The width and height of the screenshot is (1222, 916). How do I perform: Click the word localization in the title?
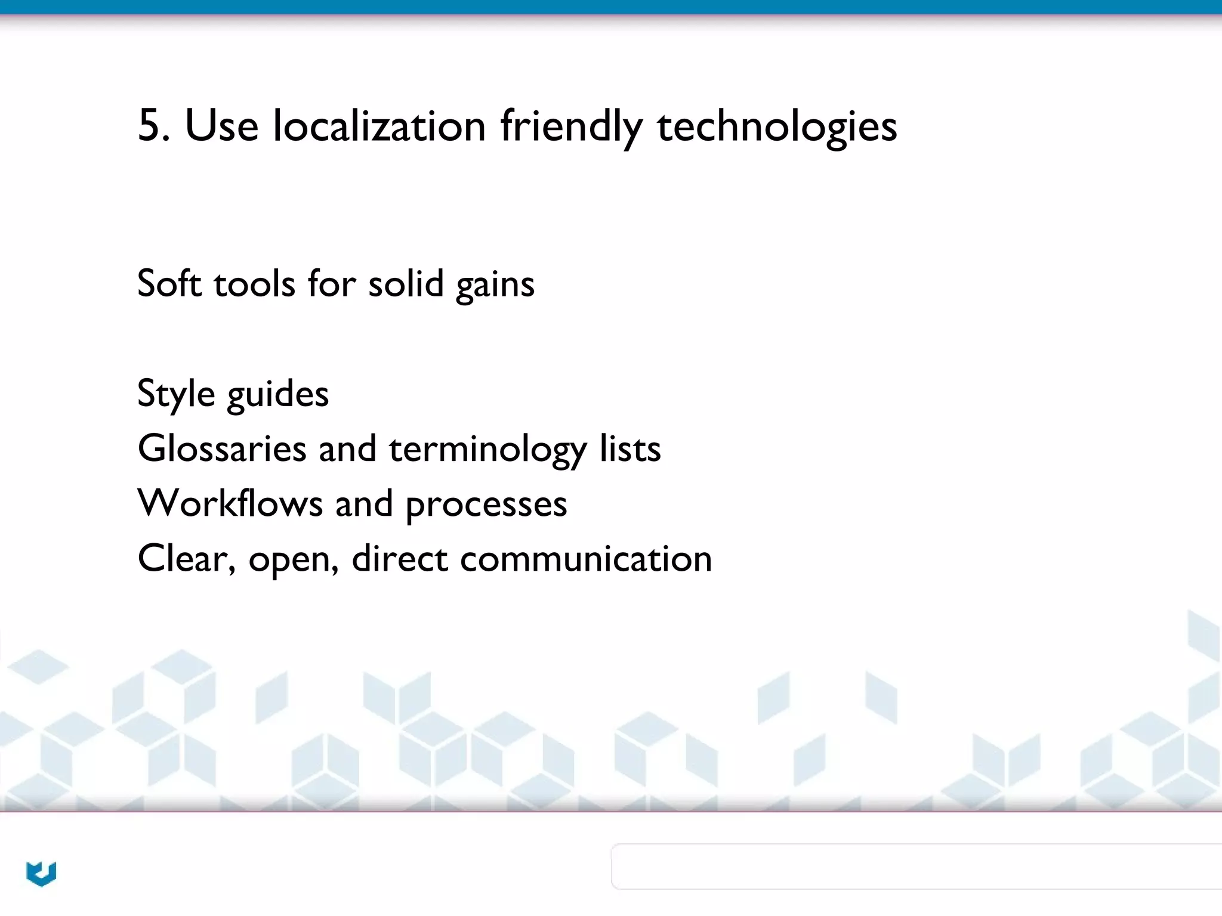pos(379,126)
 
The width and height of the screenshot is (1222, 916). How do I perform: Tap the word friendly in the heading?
pos(571,126)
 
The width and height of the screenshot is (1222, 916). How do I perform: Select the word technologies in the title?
pos(777,126)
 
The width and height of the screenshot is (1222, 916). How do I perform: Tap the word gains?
pos(495,285)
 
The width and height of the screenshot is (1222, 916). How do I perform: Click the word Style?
pos(176,394)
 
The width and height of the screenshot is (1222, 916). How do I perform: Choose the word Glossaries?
pos(222,448)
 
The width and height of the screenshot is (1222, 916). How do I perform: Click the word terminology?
pos(487,449)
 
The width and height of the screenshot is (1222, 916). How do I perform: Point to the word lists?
pos(630,448)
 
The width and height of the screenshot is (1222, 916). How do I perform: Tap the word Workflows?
pos(230,503)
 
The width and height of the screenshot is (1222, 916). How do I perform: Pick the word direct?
pos(399,558)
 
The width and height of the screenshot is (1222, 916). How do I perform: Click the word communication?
pos(586,558)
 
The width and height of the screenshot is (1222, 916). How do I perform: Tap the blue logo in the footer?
pos(41,874)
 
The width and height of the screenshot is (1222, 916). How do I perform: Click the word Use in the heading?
pos(222,126)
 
